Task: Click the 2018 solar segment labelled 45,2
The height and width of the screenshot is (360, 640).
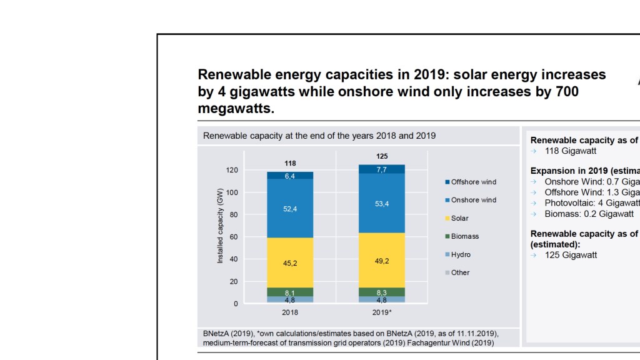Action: (x=290, y=263)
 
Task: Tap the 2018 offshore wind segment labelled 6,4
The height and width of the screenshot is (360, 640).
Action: (x=290, y=176)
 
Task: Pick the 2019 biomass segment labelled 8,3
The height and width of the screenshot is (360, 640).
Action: (x=381, y=292)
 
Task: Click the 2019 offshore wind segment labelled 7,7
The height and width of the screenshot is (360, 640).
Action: (x=381, y=169)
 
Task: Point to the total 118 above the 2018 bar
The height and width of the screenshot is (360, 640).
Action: (x=290, y=163)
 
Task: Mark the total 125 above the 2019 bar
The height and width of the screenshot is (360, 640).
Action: (x=381, y=156)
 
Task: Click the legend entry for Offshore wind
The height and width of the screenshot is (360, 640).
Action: (x=472, y=182)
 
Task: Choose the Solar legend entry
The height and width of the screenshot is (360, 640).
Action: (x=459, y=218)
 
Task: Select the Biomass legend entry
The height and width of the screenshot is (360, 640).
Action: (x=464, y=236)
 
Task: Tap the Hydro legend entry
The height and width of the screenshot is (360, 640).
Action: (x=461, y=254)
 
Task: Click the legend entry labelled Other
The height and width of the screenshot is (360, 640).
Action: (x=460, y=272)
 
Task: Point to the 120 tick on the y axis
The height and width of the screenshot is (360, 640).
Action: (x=232, y=170)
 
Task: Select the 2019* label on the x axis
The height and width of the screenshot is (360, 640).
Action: (x=381, y=312)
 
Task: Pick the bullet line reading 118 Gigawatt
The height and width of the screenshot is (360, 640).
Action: (x=570, y=151)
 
